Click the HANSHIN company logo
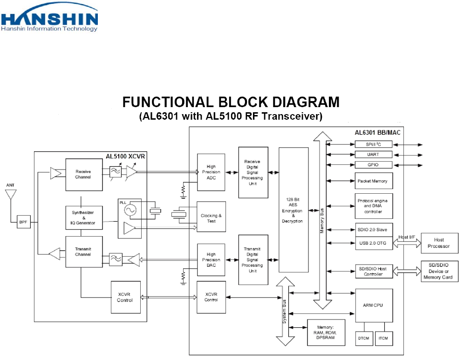coord(49,17)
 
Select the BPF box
coord(23,222)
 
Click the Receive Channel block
coord(84,175)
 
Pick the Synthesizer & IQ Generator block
coord(84,217)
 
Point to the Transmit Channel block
coord(84,252)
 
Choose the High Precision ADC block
coord(211,172)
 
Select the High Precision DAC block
coord(211,260)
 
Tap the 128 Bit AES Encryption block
coord(293,210)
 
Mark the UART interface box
coord(374,155)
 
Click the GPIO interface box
coord(374,165)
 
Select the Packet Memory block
coord(374,181)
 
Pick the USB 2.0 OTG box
coord(374,243)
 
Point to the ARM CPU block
coord(374,306)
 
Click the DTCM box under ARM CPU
coord(364,339)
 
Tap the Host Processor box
coord(439,243)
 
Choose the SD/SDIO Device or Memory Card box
coord(439,271)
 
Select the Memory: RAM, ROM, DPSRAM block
coord(326,333)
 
